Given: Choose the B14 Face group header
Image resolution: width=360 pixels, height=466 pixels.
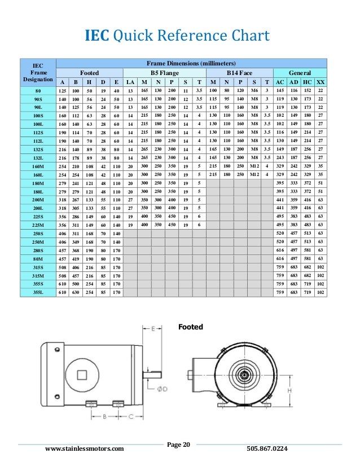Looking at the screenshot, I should coord(239,73).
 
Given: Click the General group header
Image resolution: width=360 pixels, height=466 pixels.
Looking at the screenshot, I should coord(299,73).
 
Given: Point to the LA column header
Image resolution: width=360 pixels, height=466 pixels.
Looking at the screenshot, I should coord(129,82).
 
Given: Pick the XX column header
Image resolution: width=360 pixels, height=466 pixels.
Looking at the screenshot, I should coord(320,82).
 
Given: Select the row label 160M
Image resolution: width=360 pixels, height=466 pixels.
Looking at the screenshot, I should coord(38,166).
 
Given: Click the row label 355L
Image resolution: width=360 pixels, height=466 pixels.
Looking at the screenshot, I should coord(38,293).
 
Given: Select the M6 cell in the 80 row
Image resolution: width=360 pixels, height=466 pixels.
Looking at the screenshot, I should coord(254,91).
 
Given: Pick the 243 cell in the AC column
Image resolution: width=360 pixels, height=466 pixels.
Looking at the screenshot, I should coord(279,159).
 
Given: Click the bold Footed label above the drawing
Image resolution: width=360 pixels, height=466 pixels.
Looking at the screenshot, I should coord(191,327).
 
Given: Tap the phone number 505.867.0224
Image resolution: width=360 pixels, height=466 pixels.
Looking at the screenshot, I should coord(267,449).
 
